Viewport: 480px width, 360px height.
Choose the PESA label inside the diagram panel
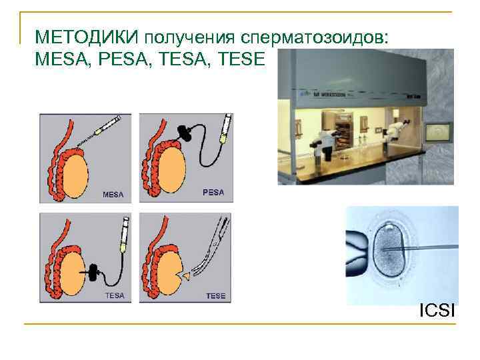(213, 193)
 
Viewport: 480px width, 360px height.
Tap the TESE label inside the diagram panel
(215, 295)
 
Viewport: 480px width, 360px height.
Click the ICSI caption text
(437, 310)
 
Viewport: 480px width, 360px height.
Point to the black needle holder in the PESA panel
(186, 134)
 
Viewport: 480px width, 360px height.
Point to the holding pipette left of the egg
(357, 247)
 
